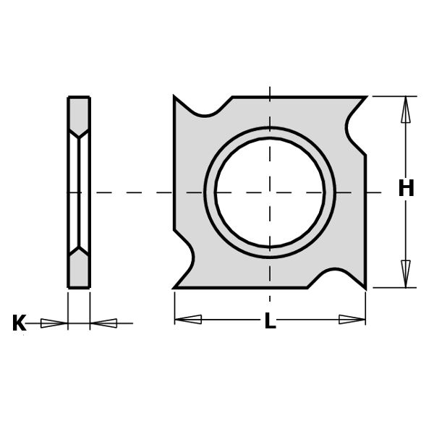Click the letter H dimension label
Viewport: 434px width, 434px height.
pyautogui.click(x=406, y=188)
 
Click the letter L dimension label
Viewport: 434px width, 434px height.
pyautogui.click(x=270, y=320)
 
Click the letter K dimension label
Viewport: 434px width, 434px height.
pyautogui.click(x=19, y=323)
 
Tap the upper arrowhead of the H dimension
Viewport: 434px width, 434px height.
pyautogui.click(x=406, y=109)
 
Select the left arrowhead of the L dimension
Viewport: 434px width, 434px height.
pyautogui.click(x=188, y=320)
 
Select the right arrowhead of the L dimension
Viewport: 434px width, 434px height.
pyautogui.click(x=352, y=320)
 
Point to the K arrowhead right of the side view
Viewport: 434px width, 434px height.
pyautogui.click(x=103, y=323)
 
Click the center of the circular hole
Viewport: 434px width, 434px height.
pyautogui.click(x=270, y=192)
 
